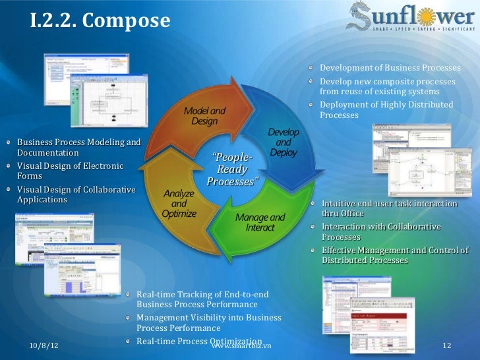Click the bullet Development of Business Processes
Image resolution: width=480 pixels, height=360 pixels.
(x=390, y=69)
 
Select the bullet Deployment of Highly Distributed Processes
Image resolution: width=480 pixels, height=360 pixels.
(x=386, y=110)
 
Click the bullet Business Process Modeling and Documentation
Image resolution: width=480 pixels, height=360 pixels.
(x=78, y=147)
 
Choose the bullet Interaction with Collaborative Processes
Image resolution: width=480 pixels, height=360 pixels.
(x=381, y=231)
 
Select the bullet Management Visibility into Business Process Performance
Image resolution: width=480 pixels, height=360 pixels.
(x=208, y=322)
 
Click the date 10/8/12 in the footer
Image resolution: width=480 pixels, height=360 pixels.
(x=45, y=346)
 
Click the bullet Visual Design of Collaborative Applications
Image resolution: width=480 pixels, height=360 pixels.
(x=76, y=195)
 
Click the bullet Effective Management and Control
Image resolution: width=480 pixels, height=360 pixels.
(x=394, y=255)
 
